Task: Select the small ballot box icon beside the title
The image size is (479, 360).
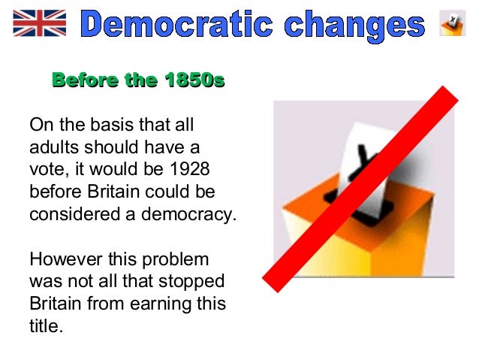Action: (452, 24)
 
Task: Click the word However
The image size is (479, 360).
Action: (63, 259)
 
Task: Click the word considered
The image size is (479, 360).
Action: (68, 213)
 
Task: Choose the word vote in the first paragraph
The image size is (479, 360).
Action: (47, 168)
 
